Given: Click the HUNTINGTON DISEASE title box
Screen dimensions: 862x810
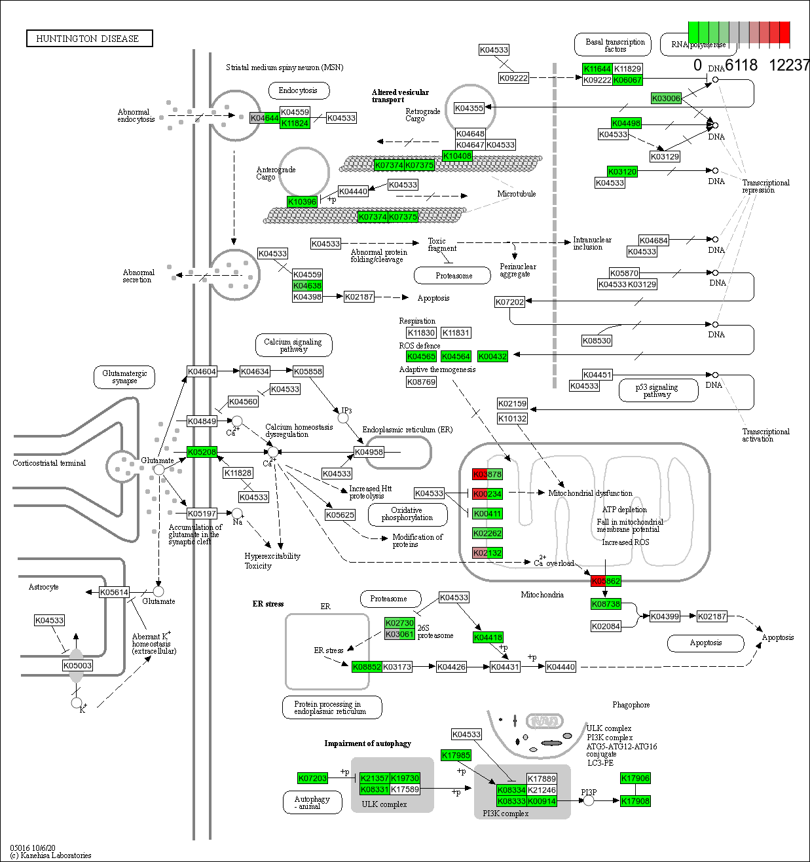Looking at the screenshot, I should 89,39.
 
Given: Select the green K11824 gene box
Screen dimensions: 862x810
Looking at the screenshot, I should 295,123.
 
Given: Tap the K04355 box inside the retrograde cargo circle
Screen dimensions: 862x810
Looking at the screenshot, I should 469,108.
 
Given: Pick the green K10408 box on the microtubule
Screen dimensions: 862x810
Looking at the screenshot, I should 457,156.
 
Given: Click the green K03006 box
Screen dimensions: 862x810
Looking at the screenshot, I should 666,98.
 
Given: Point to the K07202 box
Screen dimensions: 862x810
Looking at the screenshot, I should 509,302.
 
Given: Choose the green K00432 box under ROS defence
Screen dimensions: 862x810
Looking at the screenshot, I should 492,356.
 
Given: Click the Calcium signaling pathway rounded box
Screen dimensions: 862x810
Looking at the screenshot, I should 293,345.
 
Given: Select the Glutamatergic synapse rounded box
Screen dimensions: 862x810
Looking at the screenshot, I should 124,377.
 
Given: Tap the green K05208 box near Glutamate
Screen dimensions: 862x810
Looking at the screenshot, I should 202,452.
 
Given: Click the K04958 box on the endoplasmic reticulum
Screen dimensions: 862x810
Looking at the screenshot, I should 369,452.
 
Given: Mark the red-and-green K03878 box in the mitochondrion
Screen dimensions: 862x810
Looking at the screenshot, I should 487,474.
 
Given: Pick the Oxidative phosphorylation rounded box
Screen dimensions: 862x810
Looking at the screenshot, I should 407,514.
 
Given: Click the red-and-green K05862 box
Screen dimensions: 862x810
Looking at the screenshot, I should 606,581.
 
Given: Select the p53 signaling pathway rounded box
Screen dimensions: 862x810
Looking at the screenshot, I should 657,391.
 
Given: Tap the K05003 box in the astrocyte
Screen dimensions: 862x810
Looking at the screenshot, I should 77,665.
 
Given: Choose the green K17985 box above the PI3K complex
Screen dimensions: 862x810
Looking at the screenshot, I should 456,755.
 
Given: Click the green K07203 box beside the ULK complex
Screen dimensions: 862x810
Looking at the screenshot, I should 312,778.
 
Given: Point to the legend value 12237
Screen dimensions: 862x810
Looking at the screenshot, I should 789,66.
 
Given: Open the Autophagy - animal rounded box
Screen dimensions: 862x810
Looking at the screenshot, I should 312,802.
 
